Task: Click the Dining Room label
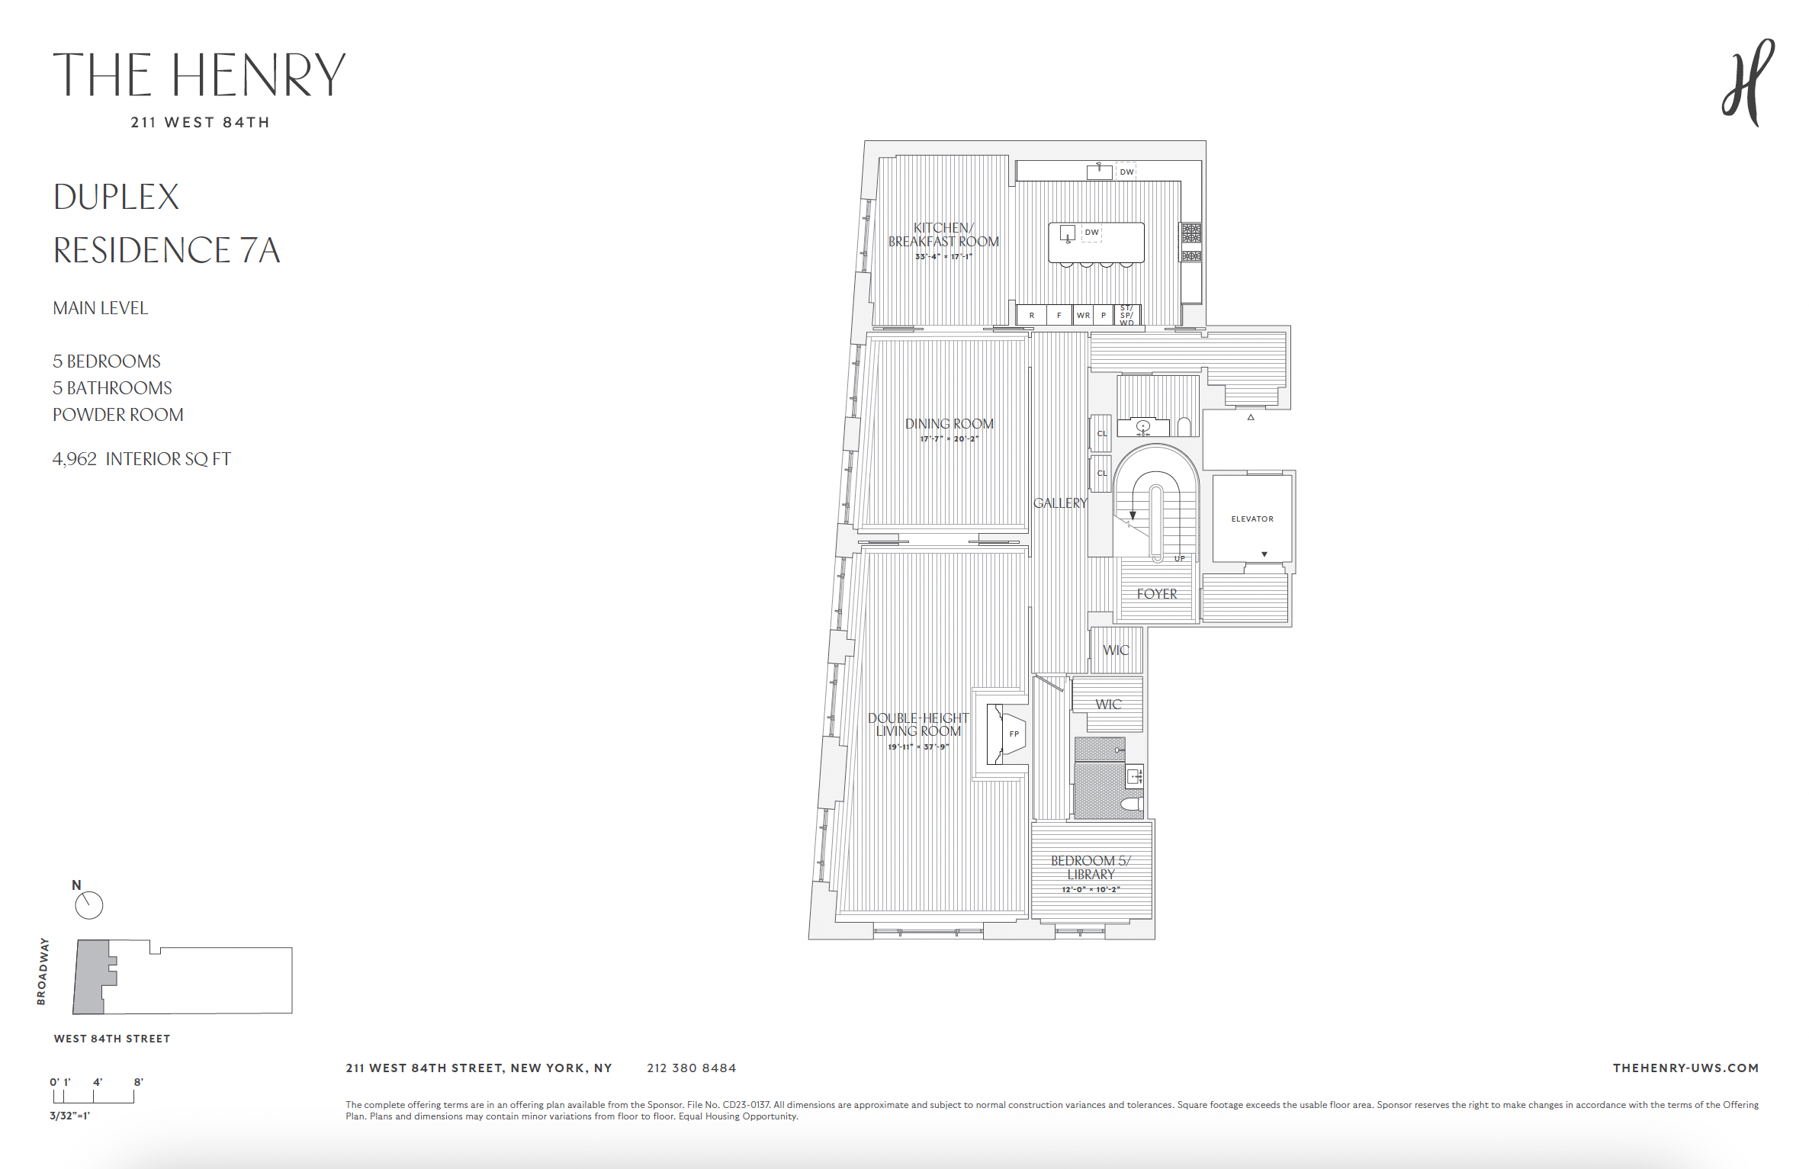pyautogui.click(x=949, y=424)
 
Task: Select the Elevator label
pyautogui.click(x=1252, y=519)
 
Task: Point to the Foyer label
pyautogui.click(x=1156, y=593)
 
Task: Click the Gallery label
pyautogui.click(x=1059, y=503)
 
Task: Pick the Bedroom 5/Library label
pyautogui.click(x=1091, y=867)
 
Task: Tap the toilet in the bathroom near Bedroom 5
pyautogui.click(x=1132, y=804)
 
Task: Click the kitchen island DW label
pyautogui.click(x=1091, y=233)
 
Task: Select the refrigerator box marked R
pyautogui.click(x=1031, y=315)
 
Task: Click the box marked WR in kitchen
pyautogui.click(x=1082, y=315)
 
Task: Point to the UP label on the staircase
pyautogui.click(x=1179, y=559)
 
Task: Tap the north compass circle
pyautogui.click(x=89, y=905)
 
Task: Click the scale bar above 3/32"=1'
pyautogui.click(x=93, y=1097)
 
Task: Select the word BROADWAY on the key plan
pyautogui.click(x=42, y=971)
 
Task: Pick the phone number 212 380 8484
pyautogui.click(x=691, y=1068)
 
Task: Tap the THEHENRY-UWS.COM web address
pyautogui.click(x=1685, y=1068)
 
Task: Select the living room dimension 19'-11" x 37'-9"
pyautogui.click(x=917, y=747)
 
